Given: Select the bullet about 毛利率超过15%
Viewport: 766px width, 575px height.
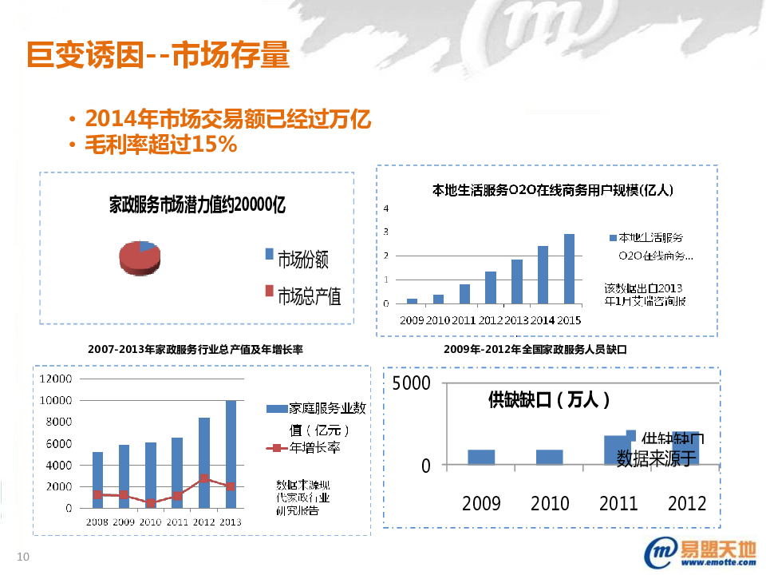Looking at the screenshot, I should [x=160, y=145].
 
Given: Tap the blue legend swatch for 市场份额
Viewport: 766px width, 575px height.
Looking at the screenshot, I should [x=269, y=254].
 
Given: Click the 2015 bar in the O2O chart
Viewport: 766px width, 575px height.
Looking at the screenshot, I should [x=569, y=268].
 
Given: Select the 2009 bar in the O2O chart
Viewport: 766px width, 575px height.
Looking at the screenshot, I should [x=412, y=301].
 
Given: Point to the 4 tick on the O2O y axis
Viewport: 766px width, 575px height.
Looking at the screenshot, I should [x=386, y=208].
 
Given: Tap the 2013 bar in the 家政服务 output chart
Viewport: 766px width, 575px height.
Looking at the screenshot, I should [x=231, y=454].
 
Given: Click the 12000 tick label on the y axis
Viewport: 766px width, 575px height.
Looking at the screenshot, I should [x=57, y=379].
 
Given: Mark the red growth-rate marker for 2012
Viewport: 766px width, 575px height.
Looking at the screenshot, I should [x=205, y=478].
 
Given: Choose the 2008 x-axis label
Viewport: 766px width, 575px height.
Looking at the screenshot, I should [x=97, y=521].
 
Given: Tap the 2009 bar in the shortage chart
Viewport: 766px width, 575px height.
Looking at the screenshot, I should [x=481, y=457].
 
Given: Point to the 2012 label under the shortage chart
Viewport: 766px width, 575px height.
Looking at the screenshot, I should [x=687, y=503].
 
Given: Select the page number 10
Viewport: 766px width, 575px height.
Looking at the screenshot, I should [x=22, y=557].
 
